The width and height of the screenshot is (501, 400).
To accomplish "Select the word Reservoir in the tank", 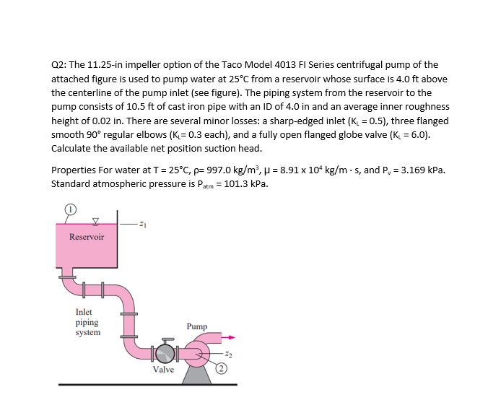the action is pos(87,237).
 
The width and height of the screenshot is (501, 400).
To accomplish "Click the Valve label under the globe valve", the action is pos(163,370).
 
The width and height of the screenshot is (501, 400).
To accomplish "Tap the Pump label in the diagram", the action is pos(197,326).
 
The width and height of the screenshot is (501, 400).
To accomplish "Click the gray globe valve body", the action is pos(167,354).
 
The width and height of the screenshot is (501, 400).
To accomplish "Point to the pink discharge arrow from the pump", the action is pos(227,336).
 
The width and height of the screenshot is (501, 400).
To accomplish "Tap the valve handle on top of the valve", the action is pos(167,339).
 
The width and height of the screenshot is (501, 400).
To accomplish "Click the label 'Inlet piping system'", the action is pos(88,322).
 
